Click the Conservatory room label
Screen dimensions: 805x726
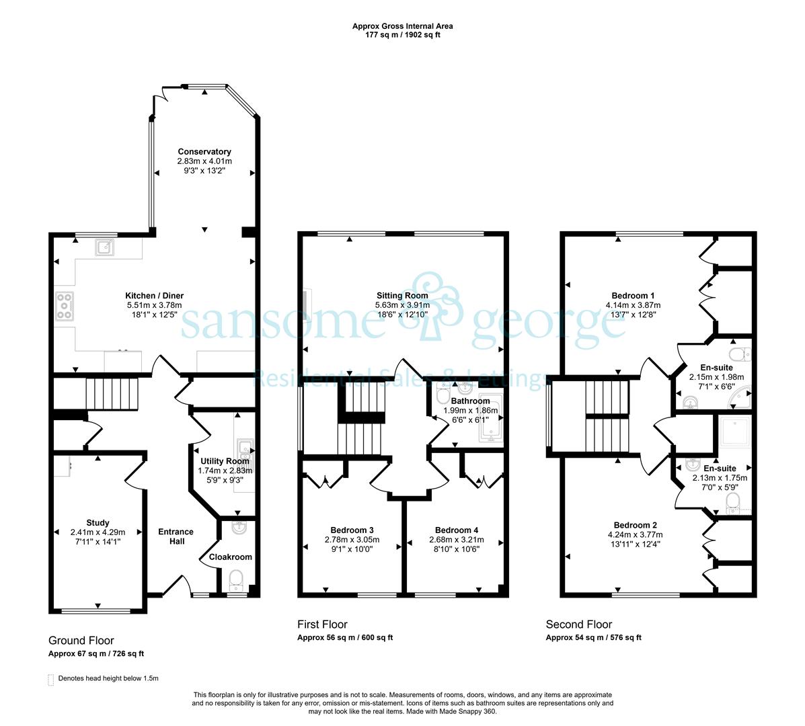pos(204,151)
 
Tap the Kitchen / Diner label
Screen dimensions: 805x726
pos(154,296)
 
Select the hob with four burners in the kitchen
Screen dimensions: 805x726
pos(65,306)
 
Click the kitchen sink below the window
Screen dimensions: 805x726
pos(105,247)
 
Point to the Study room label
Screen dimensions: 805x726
pos(98,523)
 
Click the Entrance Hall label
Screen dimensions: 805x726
pos(176,536)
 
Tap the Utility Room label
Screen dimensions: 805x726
pos(225,461)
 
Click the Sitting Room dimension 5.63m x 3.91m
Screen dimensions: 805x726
pos(402,305)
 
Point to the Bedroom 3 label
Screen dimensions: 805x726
pos(352,530)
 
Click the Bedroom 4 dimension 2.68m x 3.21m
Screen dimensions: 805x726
pos(457,540)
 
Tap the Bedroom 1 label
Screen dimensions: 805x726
pos(633,296)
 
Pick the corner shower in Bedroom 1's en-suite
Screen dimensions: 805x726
pos(741,399)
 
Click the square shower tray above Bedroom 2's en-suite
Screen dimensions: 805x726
pos(735,432)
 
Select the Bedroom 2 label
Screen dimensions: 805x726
pos(635,525)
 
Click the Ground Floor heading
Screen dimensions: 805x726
pos(81,641)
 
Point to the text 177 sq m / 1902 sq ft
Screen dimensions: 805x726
pos(402,35)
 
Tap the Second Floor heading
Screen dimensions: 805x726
pos(578,624)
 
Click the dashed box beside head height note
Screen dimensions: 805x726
pos(50,680)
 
